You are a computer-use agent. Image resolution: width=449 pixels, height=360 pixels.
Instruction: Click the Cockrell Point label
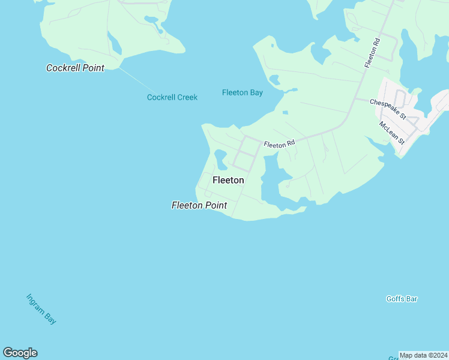pyautogui.click(x=75, y=68)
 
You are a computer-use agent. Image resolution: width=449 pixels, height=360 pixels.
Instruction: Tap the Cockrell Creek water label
pyautogui.click(x=172, y=97)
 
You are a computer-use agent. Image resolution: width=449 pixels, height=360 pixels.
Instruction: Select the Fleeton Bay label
pyautogui.click(x=243, y=92)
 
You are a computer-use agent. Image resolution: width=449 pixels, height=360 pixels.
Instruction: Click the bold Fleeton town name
pyautogui.click(x=228, y=180)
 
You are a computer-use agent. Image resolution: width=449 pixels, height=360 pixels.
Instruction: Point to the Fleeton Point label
pyautogui.click(x=199, y=205)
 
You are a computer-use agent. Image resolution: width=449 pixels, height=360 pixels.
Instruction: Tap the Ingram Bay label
pyautogui.click(x=41, y=309)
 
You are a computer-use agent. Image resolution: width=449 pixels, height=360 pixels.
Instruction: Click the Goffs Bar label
pyautogui.click(x=402, y=299)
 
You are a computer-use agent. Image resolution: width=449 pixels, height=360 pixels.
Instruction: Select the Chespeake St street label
pyautogui.click(x=388, y=103)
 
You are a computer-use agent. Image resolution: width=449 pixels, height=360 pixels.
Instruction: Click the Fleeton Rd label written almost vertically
pyautogui.click(x=372, y=52)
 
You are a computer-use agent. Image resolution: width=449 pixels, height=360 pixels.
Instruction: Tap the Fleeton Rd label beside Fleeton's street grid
pyautogui.click(x=279, y=144)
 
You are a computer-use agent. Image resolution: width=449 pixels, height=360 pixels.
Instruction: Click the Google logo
pyautogui.click(x=20, y=353)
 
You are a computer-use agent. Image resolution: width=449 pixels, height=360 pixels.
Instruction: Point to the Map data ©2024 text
pyautogui.click(x=423, y=355)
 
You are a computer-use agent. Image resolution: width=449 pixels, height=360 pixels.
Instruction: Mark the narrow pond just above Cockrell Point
pyautogui.click(x=113, y=43)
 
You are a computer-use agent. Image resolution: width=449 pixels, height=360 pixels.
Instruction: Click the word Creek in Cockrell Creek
pyautogui.click(x=186, y=97)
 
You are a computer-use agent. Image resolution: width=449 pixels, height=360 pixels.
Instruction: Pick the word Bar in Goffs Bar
pyautogui.click(x=411, y=299)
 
